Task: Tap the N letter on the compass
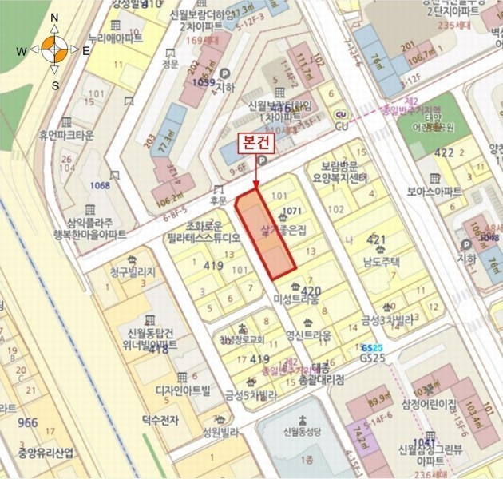[54, 18]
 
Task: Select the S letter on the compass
[55, 85]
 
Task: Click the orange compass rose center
[54, 50]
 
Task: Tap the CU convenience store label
[343, 126]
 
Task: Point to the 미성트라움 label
[296, 299]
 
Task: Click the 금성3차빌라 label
[387, 320]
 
